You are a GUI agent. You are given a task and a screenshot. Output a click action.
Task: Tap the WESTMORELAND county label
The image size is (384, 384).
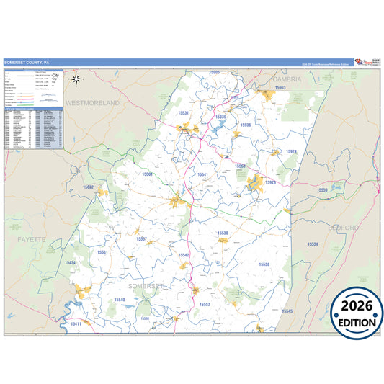point(92,103)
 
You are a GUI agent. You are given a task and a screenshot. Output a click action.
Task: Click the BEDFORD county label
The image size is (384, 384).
point(344,228)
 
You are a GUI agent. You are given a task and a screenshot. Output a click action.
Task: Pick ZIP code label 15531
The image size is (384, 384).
point(183,113)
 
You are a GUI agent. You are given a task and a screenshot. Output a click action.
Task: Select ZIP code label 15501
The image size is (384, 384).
point(147,174)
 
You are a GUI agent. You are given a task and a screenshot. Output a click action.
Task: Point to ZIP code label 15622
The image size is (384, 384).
point(88,187)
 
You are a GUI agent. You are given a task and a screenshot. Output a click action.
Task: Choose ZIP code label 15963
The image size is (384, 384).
point(280,88)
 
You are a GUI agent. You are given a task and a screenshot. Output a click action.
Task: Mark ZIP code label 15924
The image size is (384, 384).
point(290,151)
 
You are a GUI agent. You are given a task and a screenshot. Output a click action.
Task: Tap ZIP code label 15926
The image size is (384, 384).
point(270,182)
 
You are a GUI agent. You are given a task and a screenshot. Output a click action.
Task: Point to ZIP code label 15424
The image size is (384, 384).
point(70,263)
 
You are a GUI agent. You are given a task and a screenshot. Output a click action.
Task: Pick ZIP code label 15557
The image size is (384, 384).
point(141,238)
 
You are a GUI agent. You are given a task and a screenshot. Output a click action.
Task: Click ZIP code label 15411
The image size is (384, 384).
point(75,324)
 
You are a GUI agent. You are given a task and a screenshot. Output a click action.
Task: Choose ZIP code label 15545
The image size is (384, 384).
point(287,311)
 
